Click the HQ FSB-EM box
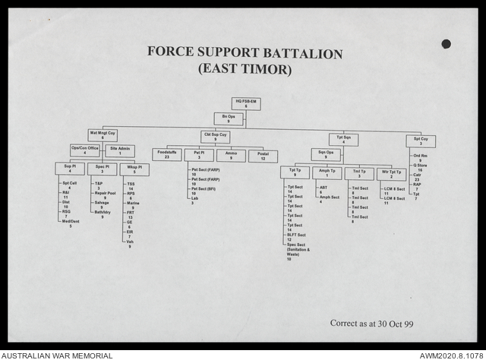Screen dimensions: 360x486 click(245, 103)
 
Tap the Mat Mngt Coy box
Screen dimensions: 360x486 click(103, 135)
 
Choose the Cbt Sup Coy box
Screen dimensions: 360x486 click(216, 137)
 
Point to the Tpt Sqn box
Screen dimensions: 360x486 click(343, 139)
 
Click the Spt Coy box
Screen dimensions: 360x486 click(421, 141)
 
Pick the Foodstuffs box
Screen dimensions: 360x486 click(166, 155)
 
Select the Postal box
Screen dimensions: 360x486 click(263, 155)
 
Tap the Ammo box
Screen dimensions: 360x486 click(231, 155)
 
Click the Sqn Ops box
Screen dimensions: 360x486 click(326, 154)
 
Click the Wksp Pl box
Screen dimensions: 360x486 click(134, 169)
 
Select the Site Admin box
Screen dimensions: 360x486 click(119, 150)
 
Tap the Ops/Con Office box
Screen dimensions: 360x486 click(85, 150)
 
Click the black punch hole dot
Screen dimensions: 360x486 click(446, 43)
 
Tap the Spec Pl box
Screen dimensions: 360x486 click(102, 169)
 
